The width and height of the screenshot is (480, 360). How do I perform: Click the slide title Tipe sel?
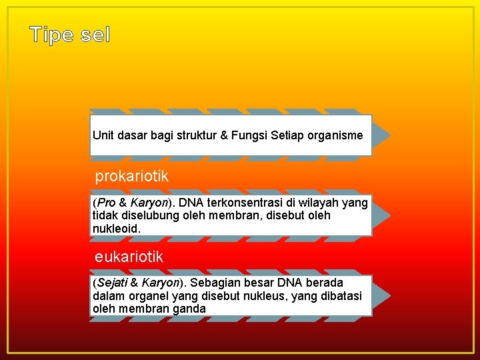click(70, 35)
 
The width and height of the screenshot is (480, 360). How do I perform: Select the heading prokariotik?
click(131, 177)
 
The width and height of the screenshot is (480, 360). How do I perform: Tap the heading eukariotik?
click(129, 257)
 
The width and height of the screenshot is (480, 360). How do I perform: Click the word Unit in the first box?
click(103, 135)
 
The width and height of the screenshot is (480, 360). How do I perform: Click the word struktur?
click(197, 135)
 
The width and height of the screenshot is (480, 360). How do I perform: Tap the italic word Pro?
click(106, 203)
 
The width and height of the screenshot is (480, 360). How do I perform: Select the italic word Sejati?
click(111, 283)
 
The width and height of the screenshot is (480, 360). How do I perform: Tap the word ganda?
click(190, 309)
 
